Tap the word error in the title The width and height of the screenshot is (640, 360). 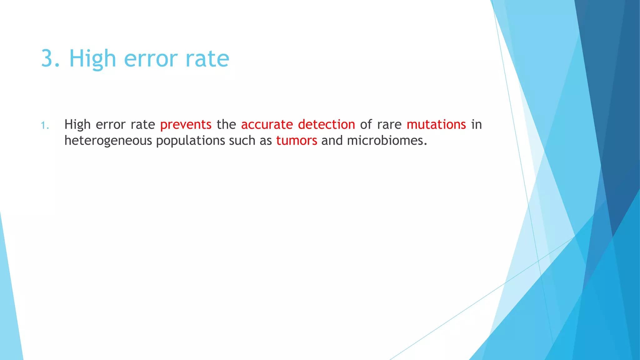coord(151,58)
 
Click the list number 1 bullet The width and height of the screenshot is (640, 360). coord(45,126)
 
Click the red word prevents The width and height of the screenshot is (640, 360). coord(186,125)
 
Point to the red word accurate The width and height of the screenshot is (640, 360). coord(267,125)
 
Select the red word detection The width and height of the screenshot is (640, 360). coord(326,125)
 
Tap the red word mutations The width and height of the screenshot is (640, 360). coord(436,125)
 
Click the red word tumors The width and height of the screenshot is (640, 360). coord(297,141)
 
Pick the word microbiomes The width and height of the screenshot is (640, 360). coord(387,141)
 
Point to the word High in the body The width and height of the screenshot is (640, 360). coord(77,125)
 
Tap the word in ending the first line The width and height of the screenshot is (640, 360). coord(476,125)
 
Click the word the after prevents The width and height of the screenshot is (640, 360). coord(226,125)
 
